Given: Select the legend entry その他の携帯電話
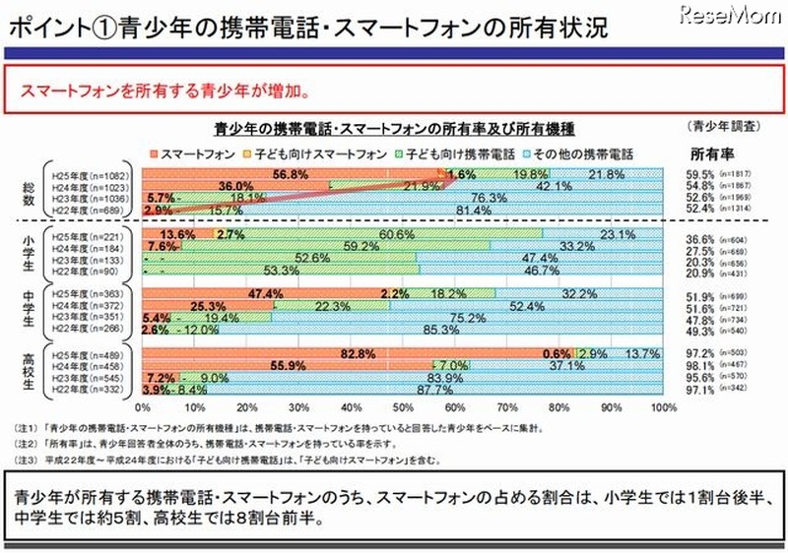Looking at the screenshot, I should tap(586, 154).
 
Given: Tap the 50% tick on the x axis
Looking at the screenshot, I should tap(404, 405).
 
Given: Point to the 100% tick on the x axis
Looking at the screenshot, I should tap(662, 405).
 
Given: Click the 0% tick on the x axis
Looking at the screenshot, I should tap(143, 405).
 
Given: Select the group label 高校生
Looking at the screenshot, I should tap(32, 371).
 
